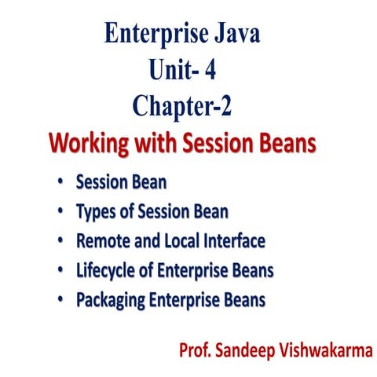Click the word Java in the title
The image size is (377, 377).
pyautogui.click(x=245, y=35)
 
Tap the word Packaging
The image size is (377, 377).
pyautogui.click(x=111, y=300)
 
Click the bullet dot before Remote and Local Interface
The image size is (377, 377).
pyautogui.click(x=61, y=241)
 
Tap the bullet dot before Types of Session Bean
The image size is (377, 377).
pyautogui.click(x=61, y=211)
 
